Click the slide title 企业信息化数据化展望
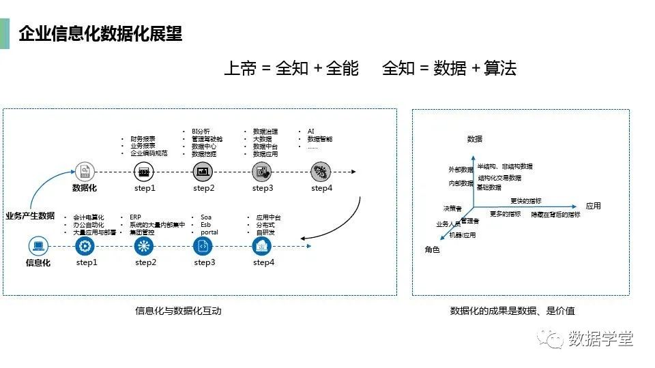click(x=100, y=33)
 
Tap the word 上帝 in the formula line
click(x=239, y=68)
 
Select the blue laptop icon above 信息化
click(x=38, y=246)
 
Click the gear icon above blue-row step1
click(x=85, y=246)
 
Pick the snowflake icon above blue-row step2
click(x=144, y=246)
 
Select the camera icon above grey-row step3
click(x=262, y=171)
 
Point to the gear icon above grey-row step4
click(x=321, y=171)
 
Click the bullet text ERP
click(x=136, y=217)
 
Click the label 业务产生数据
click(x=30, y=216)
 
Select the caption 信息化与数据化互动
click(x=178, y=311)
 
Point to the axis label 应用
click(x=593, y=206)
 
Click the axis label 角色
click(x=433, y=250)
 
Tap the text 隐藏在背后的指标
click(x=556, y=215)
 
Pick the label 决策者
click(x=452, y=209)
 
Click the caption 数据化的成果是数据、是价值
click(x=512, y=311)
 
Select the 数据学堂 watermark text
click(x=601, y=338)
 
